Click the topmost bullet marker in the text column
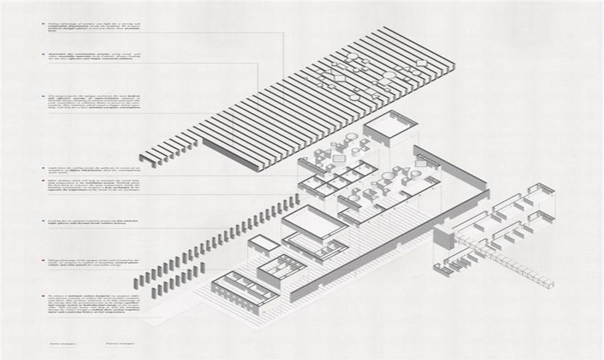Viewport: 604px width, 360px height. pos(42,23)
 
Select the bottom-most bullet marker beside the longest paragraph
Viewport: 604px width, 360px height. pos(42,295)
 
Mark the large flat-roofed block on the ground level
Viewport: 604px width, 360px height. pos(314,222)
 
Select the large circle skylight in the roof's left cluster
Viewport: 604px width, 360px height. pos(353,57)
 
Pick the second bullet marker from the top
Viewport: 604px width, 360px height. pos(42,53)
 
